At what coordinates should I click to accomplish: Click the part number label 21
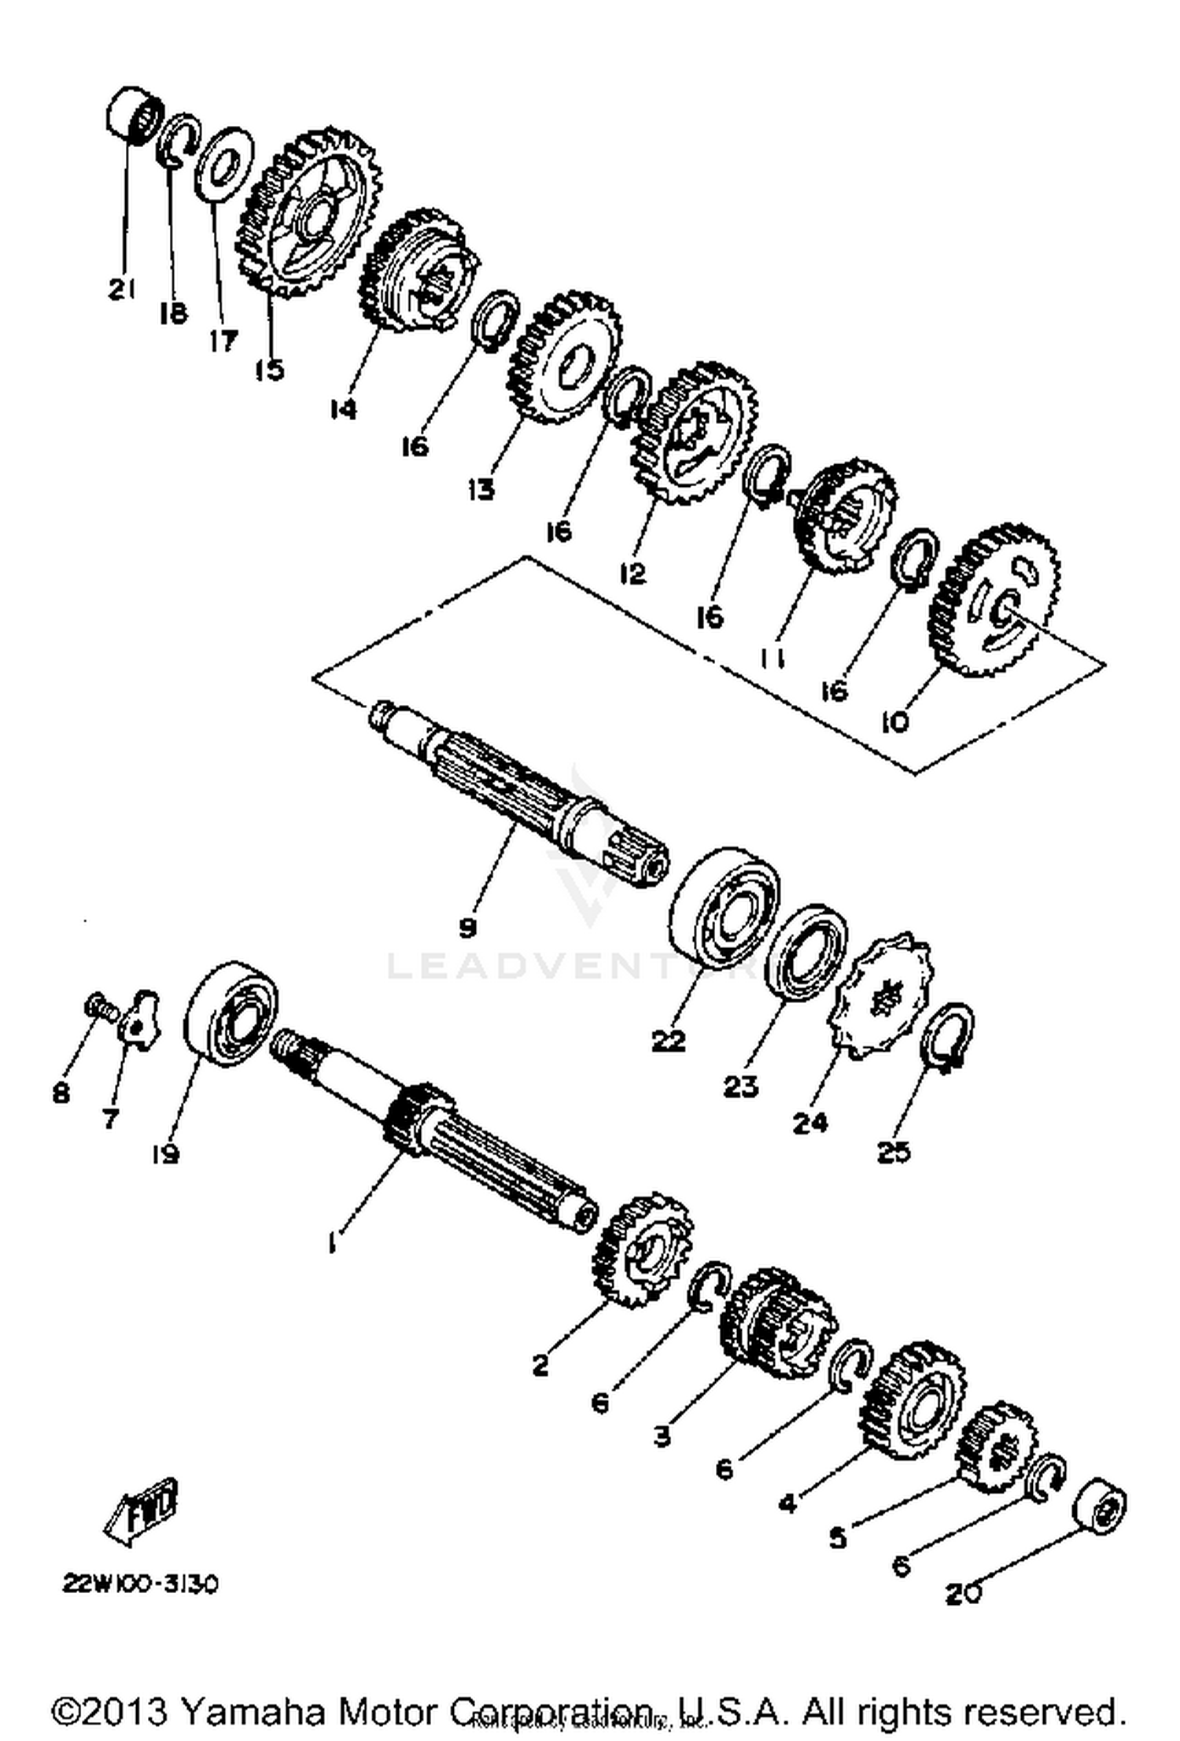tap(122, 290)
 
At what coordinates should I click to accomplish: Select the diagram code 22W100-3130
tap(140, 1583)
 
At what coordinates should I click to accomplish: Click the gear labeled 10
tap(994, 601)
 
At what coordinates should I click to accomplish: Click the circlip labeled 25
tap(951, 1035)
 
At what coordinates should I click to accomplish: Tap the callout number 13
tap(481, 489)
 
